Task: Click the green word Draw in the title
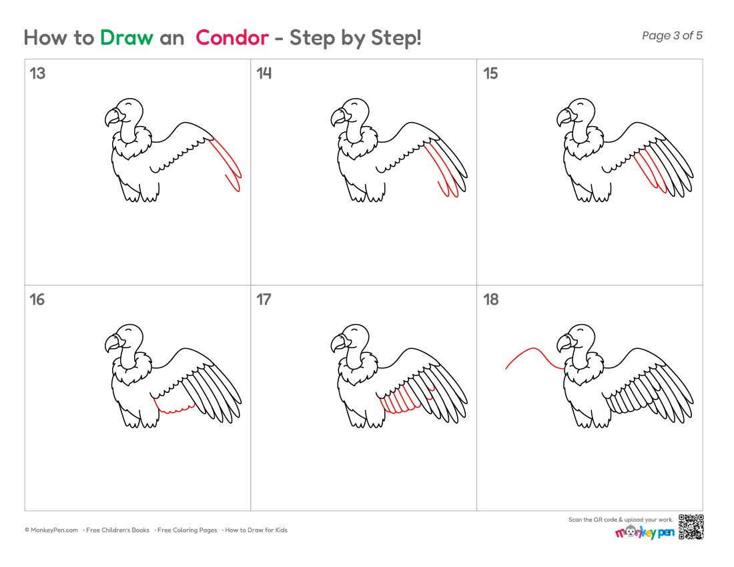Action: (126, 37)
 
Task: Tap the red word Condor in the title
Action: (232, 37)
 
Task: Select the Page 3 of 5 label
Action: (672, 35)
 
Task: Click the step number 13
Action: (37, 73)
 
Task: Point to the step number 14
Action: (264, 73)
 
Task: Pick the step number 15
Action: (490, 73)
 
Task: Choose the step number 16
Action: (37, 300)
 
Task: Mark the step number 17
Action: (264, 300)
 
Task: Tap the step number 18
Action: (490, 300)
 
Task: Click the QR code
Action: (691, 527)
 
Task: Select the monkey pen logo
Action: (645, 532)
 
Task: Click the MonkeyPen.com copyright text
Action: (51, 530)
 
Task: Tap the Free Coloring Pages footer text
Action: (187, 530)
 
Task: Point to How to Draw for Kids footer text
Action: (256, 530)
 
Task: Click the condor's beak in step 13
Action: (112, 117)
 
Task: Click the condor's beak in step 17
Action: (338, 343)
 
